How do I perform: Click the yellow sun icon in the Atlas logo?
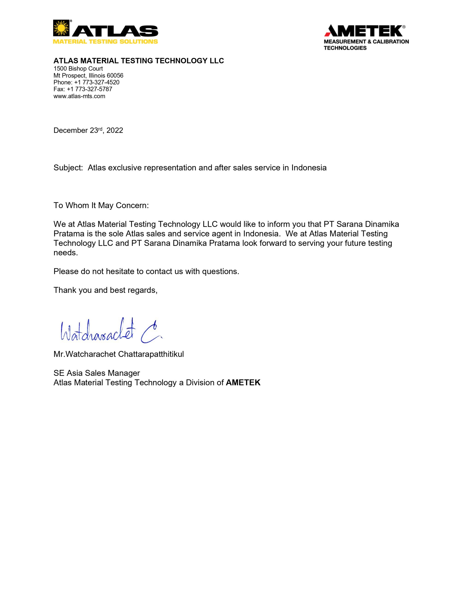61,28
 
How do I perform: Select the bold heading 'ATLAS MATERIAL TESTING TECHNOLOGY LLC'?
139,61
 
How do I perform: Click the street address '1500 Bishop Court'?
78,69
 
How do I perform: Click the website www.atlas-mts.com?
79,96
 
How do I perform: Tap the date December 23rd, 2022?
88,130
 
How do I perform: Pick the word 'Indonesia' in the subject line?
309,168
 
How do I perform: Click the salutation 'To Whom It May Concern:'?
101,205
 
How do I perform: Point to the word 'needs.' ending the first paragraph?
66,253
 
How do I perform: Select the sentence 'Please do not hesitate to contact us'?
146,271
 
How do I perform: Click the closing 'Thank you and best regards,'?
105,290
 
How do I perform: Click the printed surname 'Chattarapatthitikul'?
151,354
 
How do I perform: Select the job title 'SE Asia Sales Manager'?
97,373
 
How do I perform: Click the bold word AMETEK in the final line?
243,383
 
